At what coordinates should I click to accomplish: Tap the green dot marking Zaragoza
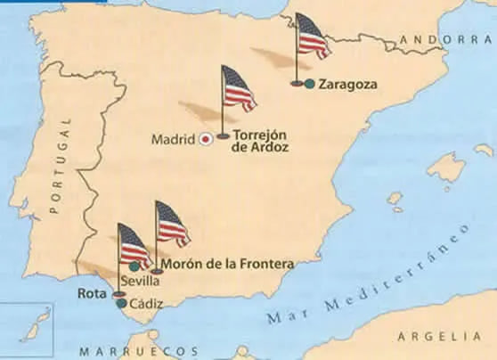[x=308, y=84]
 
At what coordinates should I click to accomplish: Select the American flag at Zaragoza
[x=312, y=37]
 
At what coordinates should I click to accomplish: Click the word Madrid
[x=173, y=139]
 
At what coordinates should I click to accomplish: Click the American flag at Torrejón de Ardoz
[x=238, y=89]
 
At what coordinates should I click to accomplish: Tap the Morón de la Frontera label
[x=230, y=264]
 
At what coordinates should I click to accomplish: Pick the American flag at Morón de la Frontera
[x=172, y=225]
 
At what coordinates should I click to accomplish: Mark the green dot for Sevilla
[x=134, y=266]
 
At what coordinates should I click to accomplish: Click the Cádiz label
[x=146, y=304]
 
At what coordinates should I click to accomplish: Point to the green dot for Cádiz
[x=121, y=303]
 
